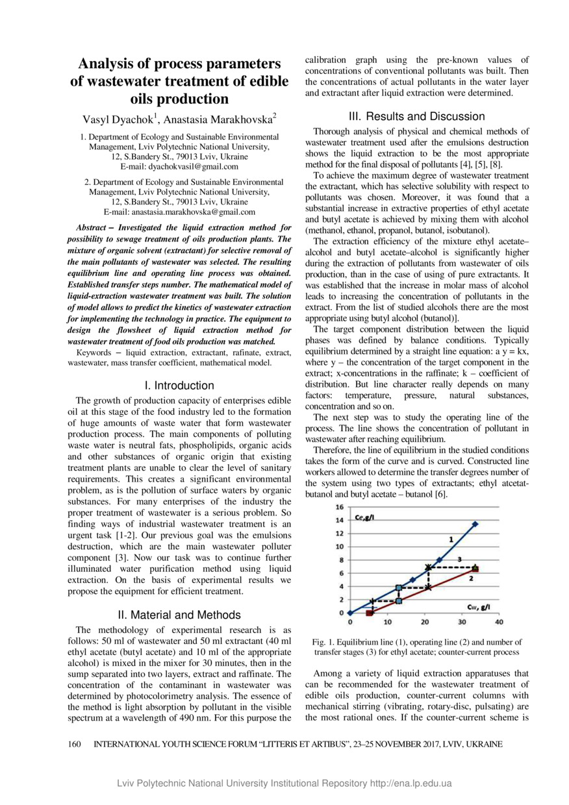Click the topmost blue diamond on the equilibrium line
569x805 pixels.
coord(475,523)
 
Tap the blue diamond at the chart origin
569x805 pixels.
coord(349,612)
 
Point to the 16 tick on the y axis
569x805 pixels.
coord(340,506)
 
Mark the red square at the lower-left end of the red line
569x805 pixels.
coord(369,612)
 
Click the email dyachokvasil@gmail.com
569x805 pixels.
coord(193,167)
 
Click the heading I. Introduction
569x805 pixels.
coord(179,386)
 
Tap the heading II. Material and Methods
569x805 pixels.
coord(179,615)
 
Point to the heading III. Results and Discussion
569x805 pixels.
coord(416,117)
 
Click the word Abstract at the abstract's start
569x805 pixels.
coord(92,229)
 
